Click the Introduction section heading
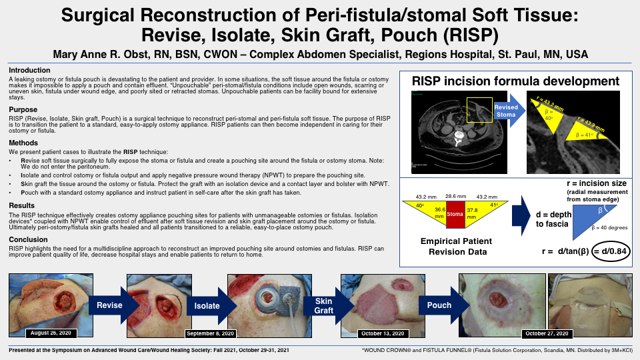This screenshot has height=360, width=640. (29, 70)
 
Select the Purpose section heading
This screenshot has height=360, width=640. (24, 109)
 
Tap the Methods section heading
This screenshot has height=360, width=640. (24, 143)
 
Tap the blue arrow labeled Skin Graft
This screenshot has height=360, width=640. (323, 305)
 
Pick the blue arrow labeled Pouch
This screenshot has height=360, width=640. (439, 305)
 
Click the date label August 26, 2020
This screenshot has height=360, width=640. (50, 332)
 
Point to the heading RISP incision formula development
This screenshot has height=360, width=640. (515, 81)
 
